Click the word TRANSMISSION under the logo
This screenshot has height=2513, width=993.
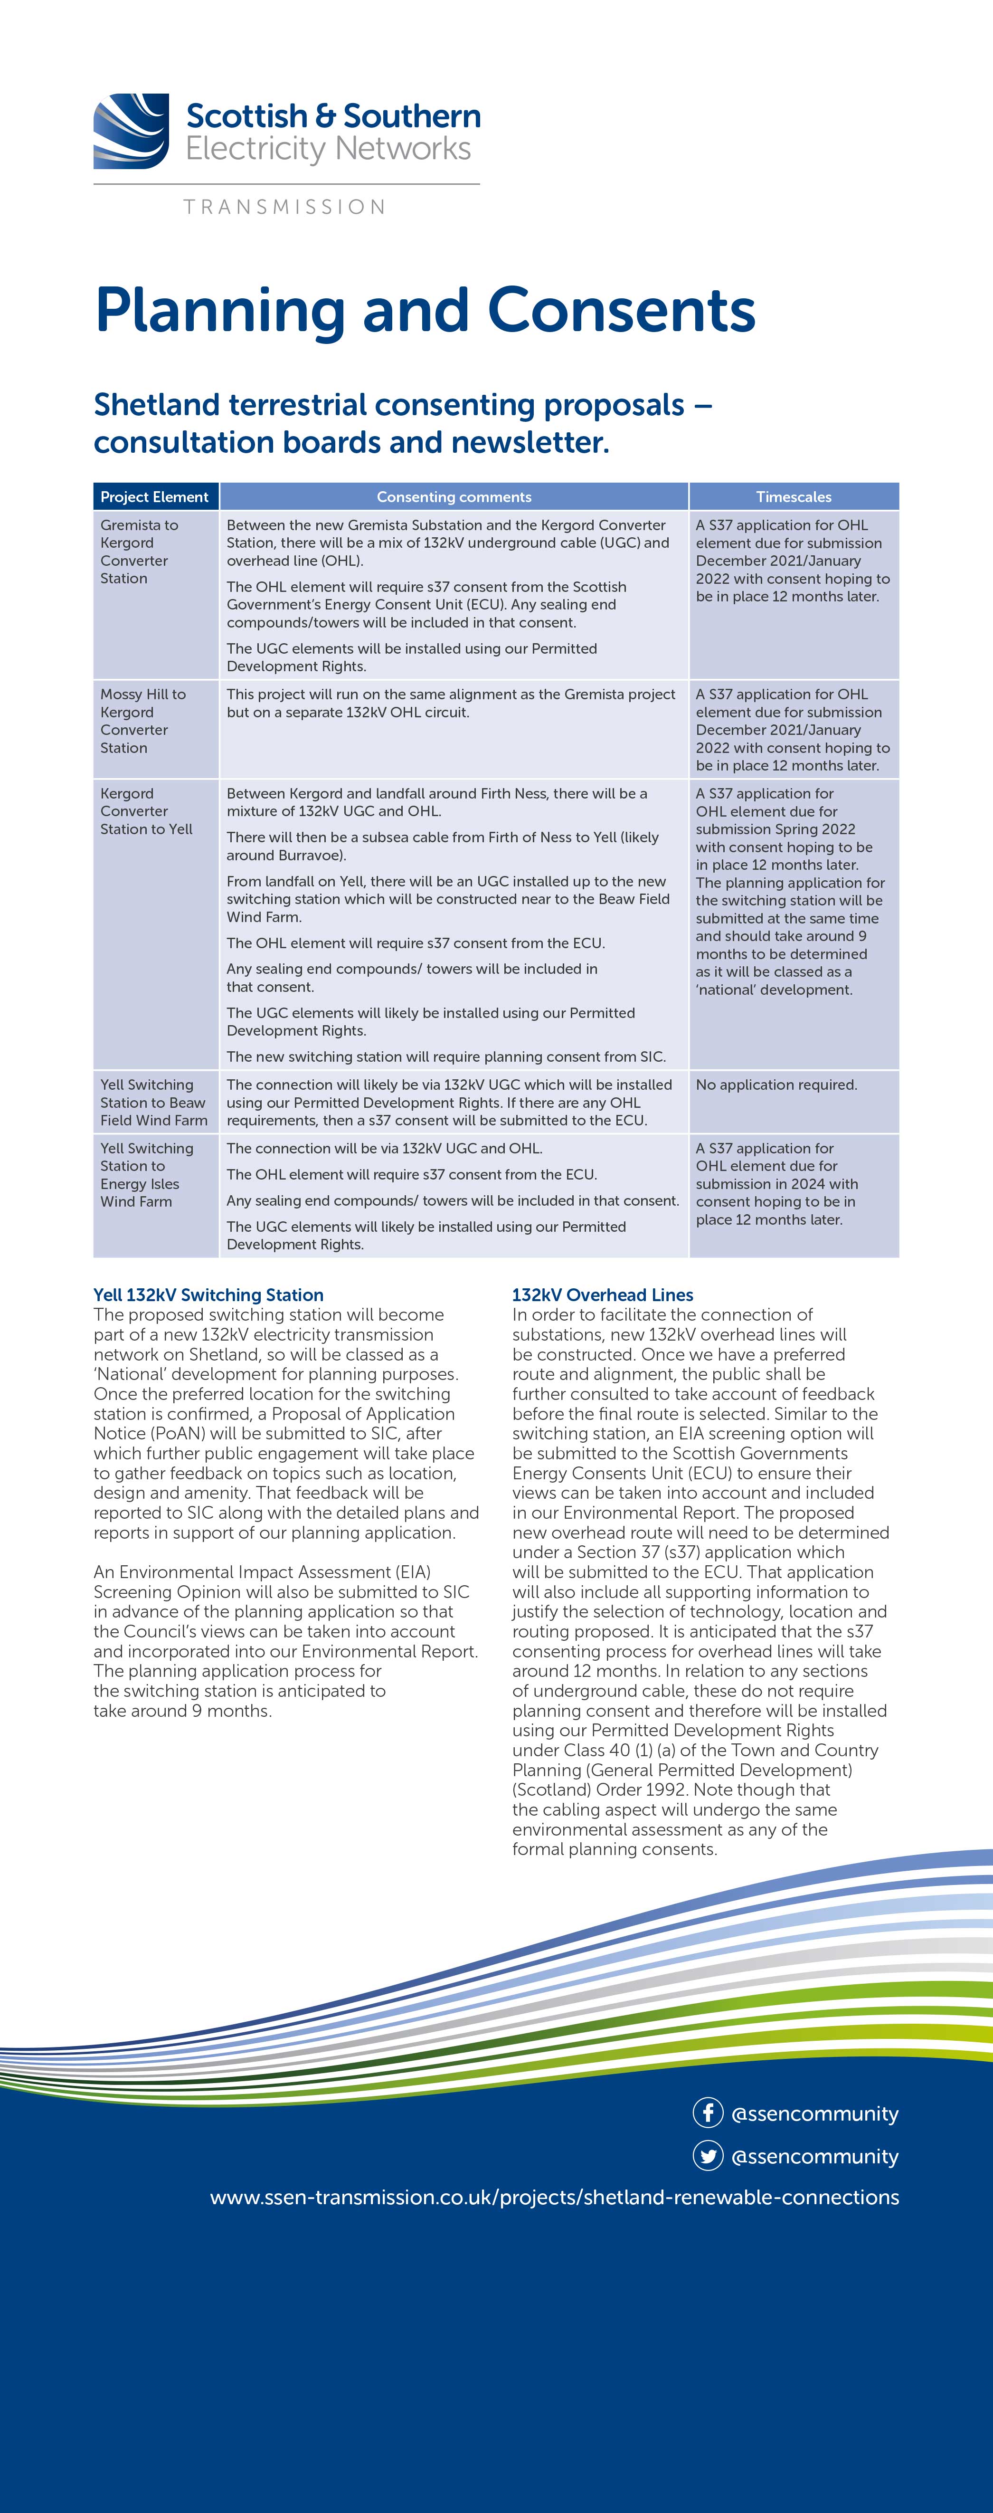point(284,207)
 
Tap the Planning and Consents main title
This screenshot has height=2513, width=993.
point(425,310)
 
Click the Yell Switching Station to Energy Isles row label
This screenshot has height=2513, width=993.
point(146,1174)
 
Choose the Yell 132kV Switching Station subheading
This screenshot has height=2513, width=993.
point(208,1295)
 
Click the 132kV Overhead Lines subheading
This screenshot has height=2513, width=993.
point(602,1295)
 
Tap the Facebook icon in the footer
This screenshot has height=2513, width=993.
point(707,2113)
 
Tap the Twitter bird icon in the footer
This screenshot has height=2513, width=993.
point(707,2156)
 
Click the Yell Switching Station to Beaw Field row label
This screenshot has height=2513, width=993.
point(153,1103)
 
